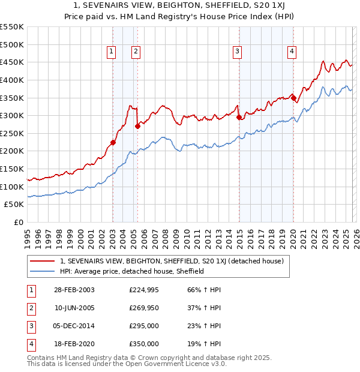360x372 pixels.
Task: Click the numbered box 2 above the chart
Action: pyautogui.click(x=136, y=52)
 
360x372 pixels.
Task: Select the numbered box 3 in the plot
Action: pyautogui.click(x=238, y=52)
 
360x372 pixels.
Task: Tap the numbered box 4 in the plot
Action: pyautogui.click(x=292, y=52)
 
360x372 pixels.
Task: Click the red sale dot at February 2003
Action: pyautogui.click(x=113, y=142)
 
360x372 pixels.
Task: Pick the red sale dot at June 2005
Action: pyautogui.click(x=137, y=126)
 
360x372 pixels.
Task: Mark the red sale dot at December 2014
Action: pyautogui.click(x=239, y=118)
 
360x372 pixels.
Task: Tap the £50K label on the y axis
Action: pyautogui.click(x=14, y=205)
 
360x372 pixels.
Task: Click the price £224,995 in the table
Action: pyautogui.click(x=144, y=290)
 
